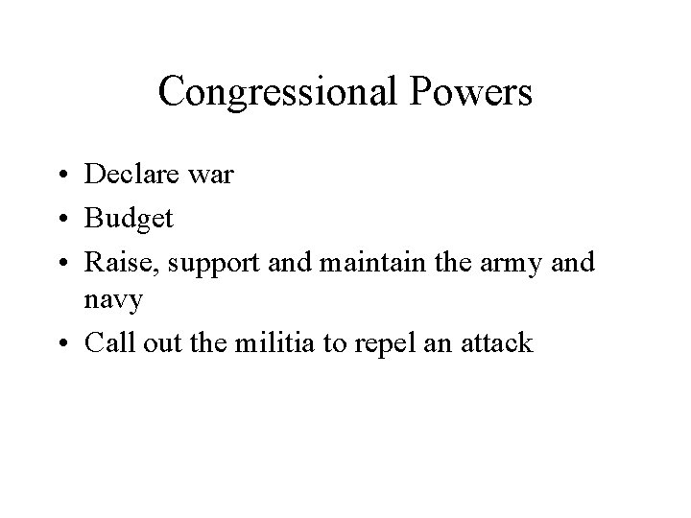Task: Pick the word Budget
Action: click(x=129, y=219)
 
